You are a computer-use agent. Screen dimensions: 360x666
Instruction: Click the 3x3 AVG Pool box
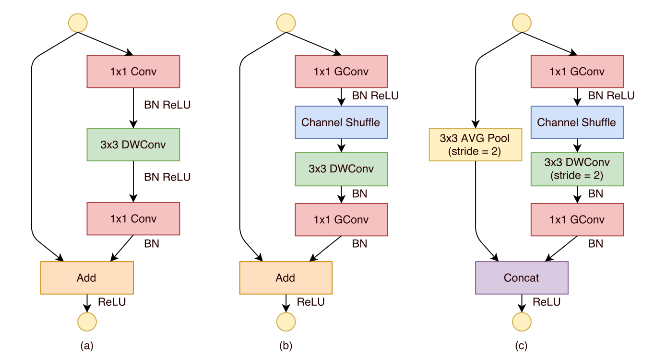(475, 144)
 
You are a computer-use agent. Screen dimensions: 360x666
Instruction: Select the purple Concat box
(522, 277)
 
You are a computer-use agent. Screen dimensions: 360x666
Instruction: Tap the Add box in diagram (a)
(87, 277)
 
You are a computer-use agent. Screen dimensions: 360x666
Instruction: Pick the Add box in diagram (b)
(285, 277)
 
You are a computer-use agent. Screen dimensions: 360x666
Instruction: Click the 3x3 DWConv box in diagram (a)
(133, 144)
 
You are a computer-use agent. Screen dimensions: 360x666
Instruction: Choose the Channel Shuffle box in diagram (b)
(341, 122)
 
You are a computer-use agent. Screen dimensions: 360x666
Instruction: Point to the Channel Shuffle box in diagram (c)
(577, 122)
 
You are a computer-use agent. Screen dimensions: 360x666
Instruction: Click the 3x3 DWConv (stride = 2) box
(577, 169)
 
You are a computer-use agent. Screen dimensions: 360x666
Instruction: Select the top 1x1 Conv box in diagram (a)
(133, 72)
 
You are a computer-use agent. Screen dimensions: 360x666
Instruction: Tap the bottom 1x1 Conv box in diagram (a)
(133, 219)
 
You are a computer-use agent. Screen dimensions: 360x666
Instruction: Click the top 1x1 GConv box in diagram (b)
(341, 72)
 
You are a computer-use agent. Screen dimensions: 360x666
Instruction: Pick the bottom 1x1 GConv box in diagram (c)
(577, 219)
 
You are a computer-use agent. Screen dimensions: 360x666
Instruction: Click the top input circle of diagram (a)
(78, 23)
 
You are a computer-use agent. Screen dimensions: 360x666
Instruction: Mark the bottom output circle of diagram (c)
(522, 322)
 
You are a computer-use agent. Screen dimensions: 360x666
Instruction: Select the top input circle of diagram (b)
(286, 23)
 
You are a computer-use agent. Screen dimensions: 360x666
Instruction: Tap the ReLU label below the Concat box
(546, 302)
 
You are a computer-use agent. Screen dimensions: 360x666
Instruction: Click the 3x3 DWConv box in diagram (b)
(341, 169)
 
